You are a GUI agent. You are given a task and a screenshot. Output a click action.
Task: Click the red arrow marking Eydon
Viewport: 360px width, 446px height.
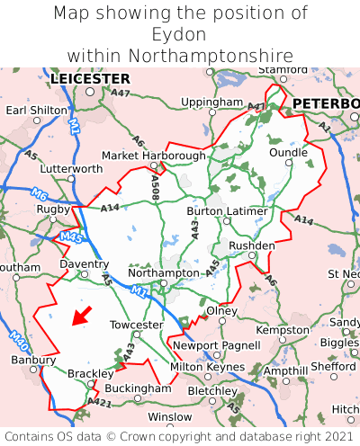[x=82, y=316]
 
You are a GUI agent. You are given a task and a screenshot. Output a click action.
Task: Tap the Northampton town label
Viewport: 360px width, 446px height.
[x=163, y=272]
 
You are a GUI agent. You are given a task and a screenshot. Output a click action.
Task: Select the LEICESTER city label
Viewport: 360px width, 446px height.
[x=90, y=79]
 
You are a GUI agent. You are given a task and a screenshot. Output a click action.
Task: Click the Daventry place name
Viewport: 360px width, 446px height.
[x=84, y=264]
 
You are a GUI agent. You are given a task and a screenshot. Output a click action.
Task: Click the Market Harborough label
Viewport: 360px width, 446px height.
[x=154, y=155]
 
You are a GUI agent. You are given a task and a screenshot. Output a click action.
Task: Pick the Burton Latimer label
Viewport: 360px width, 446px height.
[x=227, y=211]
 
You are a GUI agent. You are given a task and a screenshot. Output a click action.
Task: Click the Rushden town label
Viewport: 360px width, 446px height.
[x=252, y=245]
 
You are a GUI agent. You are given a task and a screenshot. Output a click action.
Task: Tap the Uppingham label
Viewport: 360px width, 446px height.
[x=211, y=103]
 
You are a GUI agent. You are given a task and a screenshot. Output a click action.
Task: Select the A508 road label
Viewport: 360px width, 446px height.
[x=155, y=186]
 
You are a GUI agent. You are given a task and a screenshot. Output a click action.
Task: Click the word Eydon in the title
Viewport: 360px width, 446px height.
[x=179, y=34]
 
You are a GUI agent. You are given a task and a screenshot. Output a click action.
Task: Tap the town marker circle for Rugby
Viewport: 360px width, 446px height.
[x=53, y=219]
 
